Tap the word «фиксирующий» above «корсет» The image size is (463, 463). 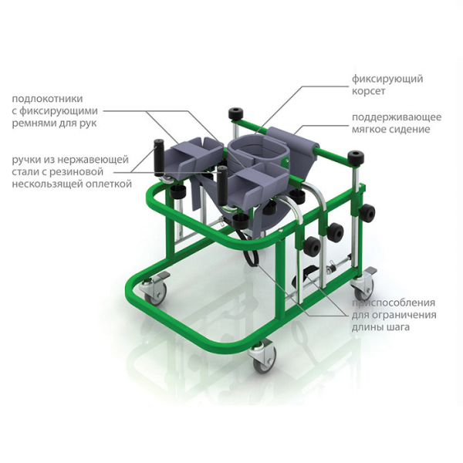click(387, 79)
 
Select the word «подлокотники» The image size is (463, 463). click(48, 98)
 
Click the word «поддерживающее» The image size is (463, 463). click(397, 117)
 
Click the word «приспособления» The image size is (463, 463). click(393, 303)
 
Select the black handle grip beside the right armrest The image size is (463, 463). click(222, 184)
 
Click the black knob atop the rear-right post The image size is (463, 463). click(356, 159)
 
